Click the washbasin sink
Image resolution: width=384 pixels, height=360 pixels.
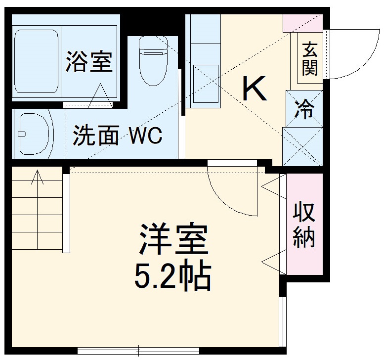pos(33,133)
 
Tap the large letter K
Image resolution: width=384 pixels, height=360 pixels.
pos(254,89)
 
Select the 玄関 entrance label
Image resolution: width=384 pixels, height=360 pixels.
pos(310,59)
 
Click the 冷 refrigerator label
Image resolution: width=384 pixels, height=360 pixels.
pos(304,108)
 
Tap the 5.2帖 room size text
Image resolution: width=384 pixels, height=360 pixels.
pos(172,278)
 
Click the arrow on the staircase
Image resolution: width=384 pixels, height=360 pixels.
pos(38,178)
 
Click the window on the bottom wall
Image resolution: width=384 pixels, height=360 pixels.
pos(138,351)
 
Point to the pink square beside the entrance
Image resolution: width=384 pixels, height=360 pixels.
pos(302,22)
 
